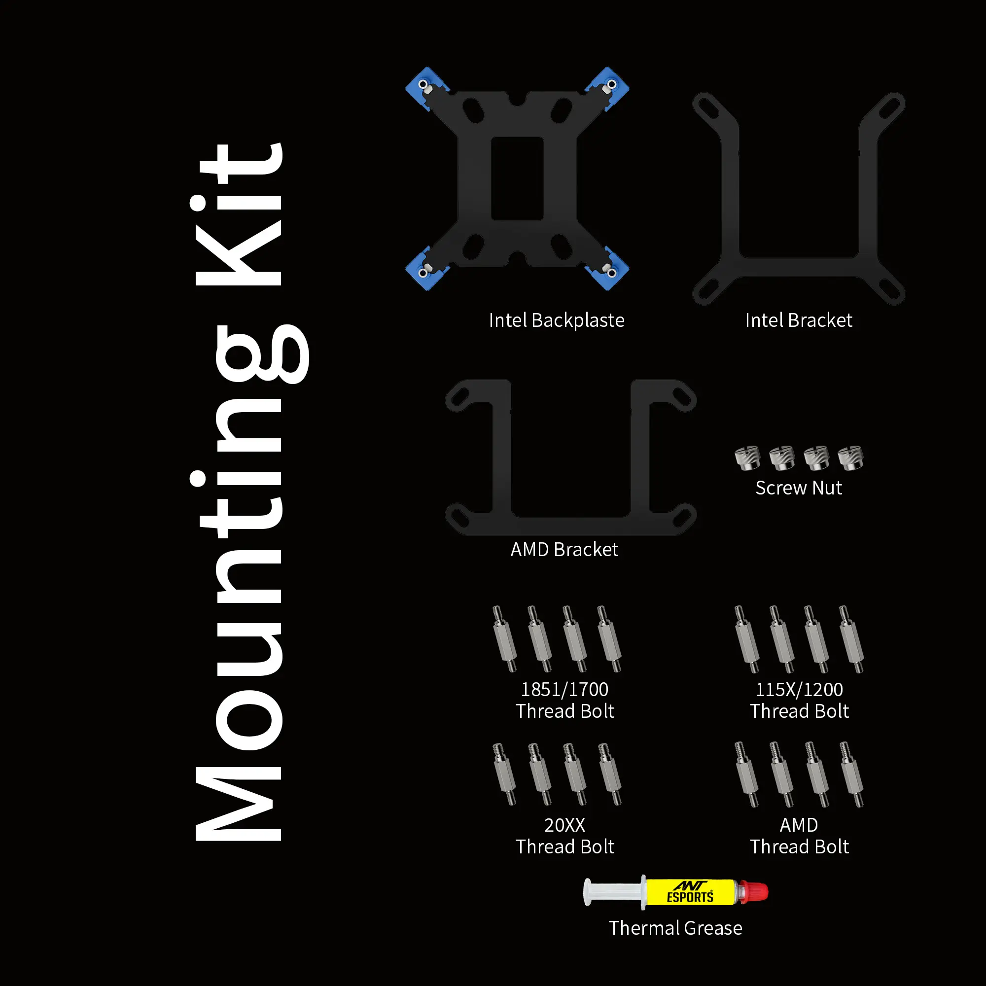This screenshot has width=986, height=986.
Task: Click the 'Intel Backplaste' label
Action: pos(556,320)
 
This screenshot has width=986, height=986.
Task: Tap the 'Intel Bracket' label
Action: pos(799,320)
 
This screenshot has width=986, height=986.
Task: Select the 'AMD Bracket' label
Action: pos(564,550)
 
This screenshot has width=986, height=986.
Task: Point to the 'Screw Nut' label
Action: pos(799,488)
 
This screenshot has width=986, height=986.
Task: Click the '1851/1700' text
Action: pos(564,690)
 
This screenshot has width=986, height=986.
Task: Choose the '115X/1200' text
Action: pos(799,690)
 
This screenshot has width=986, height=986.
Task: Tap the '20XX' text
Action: pos(564,825)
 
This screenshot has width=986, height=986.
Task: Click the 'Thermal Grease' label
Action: pos(676,928)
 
